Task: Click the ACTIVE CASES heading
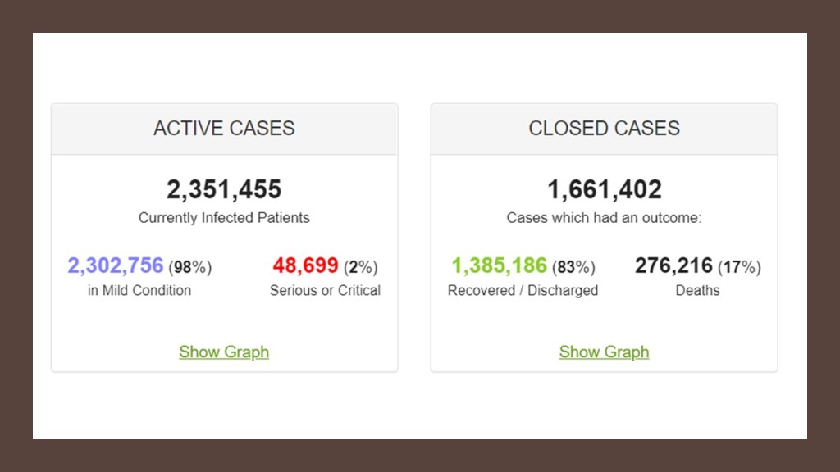[224, 129]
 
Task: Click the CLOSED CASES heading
[604, 129]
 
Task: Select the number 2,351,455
[224, 190]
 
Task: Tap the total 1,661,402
[605, 190]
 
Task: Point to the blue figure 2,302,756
[116, 266]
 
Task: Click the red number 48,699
[305, 266]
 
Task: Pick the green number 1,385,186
[499, 266]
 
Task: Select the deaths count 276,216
[673, 266]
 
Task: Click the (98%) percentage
[190, 267]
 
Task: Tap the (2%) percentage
[360, 267]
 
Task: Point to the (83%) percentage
[573, 267]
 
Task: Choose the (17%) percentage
[739, 267]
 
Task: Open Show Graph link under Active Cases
[224, 352]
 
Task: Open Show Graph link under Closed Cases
[604, 352]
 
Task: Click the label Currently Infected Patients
[224, 218]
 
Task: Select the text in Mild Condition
[139, 291]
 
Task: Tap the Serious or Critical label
[325, 291]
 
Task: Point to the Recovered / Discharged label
[523, 291]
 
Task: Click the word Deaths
[697, 291]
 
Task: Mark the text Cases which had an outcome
[604, 218]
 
